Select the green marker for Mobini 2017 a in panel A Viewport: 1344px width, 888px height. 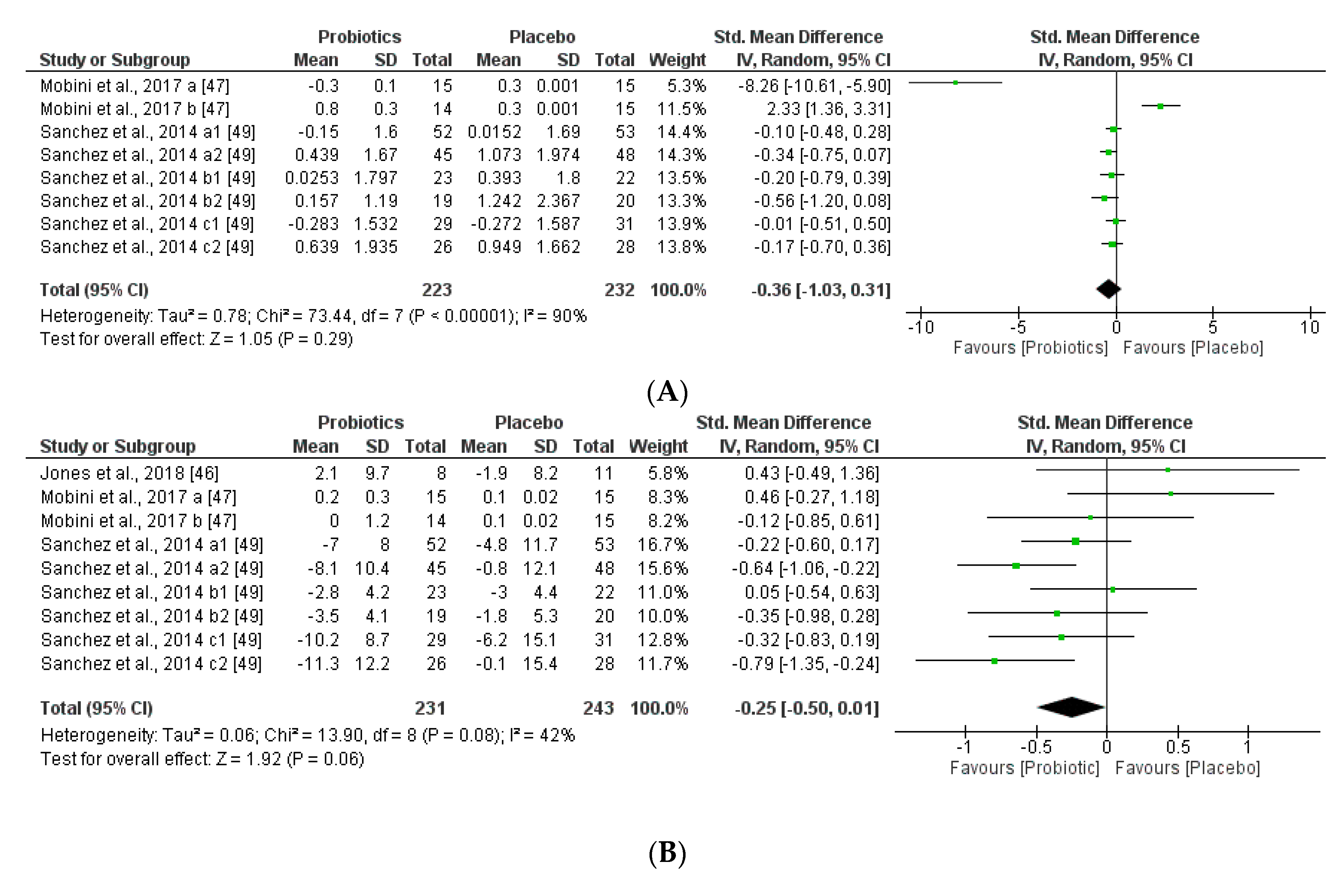tap(955, 83)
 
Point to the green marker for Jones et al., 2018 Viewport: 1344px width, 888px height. tap(1168, 469)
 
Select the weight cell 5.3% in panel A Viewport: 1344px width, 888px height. tap(687, 86)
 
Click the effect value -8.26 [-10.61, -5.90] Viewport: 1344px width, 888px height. tap(814, 86)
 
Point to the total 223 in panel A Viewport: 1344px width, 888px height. tap(436, 290)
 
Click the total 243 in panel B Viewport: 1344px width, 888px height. tap(598, 708)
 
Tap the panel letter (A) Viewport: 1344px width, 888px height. tap(667, 391)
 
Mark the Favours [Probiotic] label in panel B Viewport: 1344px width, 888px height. tap(1024, 768)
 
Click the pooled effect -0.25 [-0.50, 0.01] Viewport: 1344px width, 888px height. tap(806, 708)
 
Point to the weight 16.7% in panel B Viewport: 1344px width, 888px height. tap(662, 544)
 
